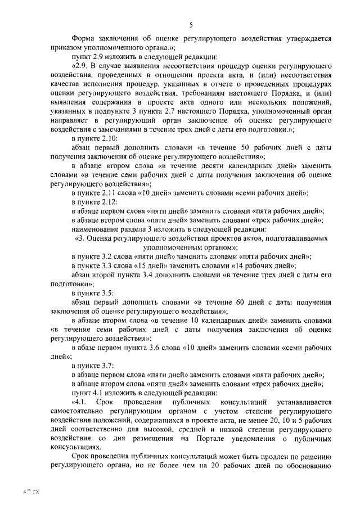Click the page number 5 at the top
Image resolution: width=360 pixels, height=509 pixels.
(x=191, y=25)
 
